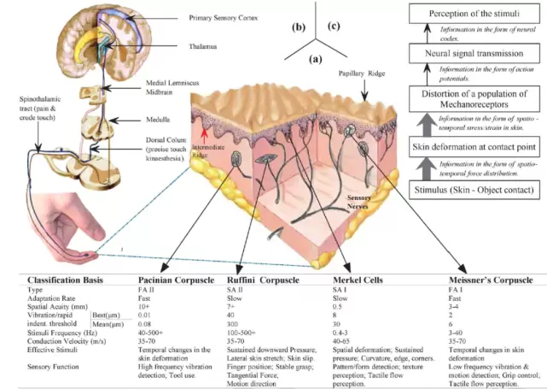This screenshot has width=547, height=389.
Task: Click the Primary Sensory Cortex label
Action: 224,16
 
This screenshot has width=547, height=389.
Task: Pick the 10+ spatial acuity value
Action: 144,305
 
